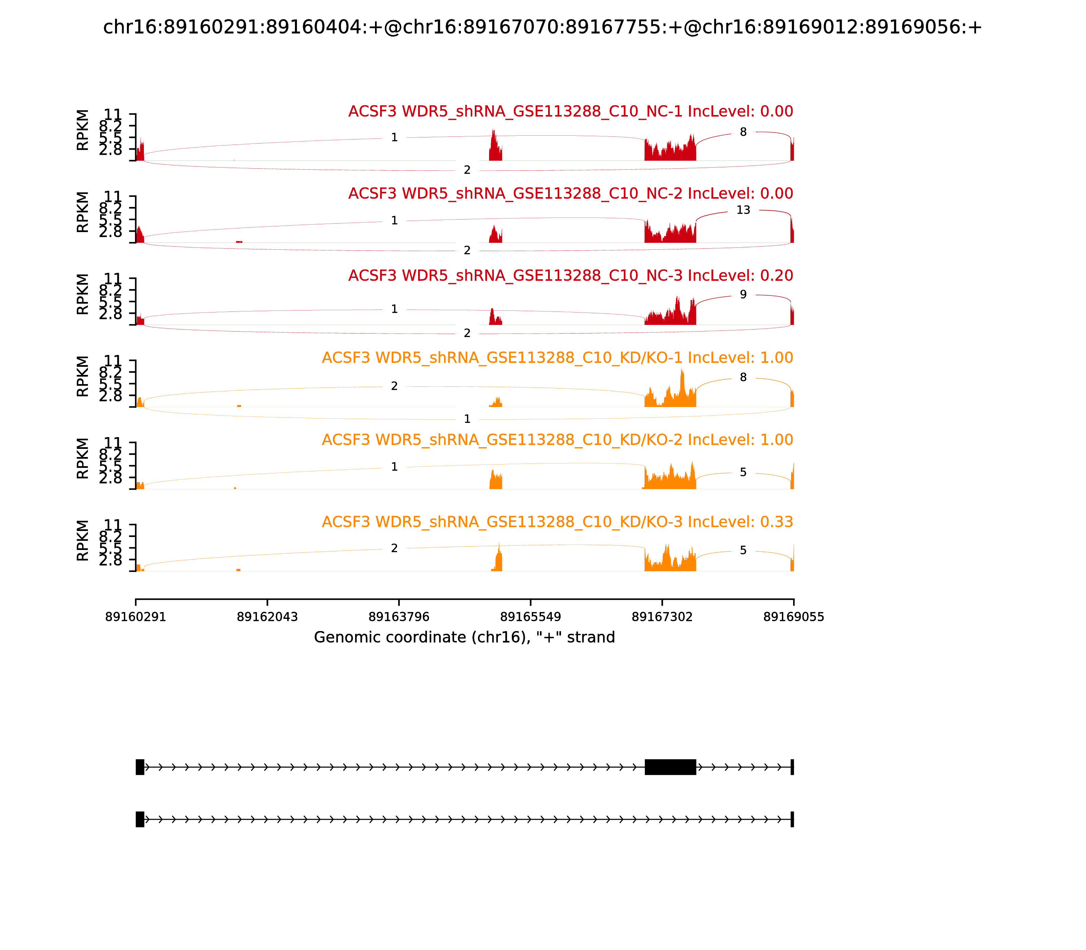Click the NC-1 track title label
(x=570, y=111)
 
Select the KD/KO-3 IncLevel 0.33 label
(x=557, y=522)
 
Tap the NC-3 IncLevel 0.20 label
(x=570, y=275)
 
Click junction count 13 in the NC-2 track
(x=743, y=210)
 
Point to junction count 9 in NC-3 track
(x=743, y=295)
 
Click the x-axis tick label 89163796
(x=399, y=616)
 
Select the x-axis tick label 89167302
(x=662, y=616)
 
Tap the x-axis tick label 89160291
(x=136, y=616)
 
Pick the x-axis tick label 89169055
(x=793, y=616)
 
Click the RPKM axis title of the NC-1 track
(x=83, y=130)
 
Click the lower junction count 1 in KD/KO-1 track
(x=467, y=419)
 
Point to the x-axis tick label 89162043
(x=267, y=616)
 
